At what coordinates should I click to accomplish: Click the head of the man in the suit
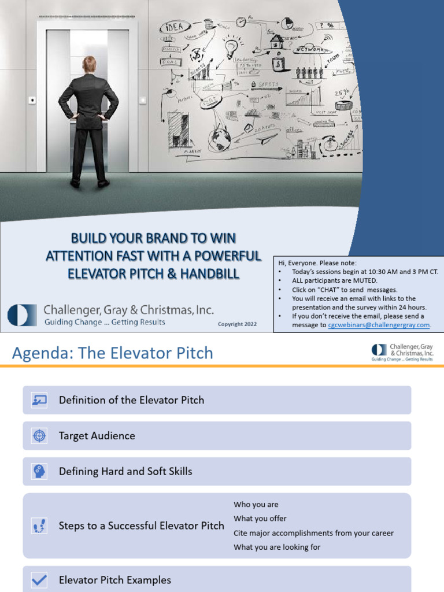click(89, 64)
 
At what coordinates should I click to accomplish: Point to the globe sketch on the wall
click(220, 139)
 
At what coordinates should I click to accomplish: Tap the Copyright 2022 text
click(237, 324)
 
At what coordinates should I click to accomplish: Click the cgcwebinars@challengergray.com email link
click(379, 325)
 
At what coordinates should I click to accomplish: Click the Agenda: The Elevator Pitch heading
click(113, 353)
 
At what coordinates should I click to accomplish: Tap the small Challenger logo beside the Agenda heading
click(379, 350)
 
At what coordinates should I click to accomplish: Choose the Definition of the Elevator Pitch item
click(131, 400)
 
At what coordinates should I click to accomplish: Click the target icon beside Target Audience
click(39, 436)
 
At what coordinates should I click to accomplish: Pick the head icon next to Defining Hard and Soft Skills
click(39, 471)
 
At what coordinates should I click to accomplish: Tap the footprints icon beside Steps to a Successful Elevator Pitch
click(39, 526)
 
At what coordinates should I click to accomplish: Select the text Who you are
click(256, 504)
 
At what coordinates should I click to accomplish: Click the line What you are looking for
click(277, 547)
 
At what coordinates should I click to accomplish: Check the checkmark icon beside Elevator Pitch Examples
click(39, 580)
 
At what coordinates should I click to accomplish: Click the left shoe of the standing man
click(75, 183)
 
